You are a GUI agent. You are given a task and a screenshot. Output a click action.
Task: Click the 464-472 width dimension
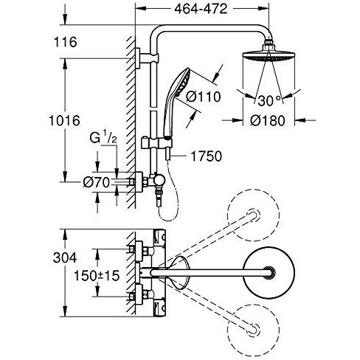[x=201, y=9]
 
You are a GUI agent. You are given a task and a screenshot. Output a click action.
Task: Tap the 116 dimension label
[x=65, y=42]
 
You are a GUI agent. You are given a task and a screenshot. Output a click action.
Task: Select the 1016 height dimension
[x=64, y=121]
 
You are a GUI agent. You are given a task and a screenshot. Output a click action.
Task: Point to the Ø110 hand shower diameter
[x=203, y=97]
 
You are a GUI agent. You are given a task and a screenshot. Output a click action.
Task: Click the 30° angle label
[x=269, y=100]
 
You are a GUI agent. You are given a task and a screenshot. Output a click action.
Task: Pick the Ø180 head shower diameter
[x=268, y=121]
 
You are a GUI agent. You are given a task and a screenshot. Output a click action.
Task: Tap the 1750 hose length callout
[x=206, y=156]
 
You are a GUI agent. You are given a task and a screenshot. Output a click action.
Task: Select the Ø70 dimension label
[x=97, y=183]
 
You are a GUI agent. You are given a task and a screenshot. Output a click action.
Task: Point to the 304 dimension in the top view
[x=65, y=258]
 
